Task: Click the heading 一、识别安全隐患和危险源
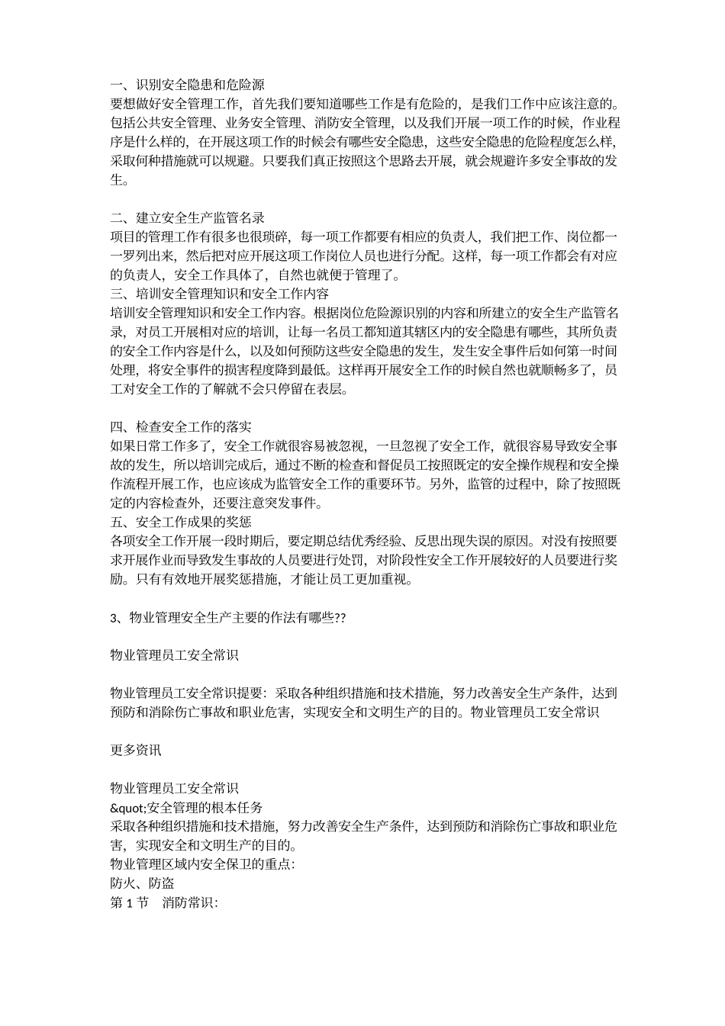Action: click(x=187, y=85)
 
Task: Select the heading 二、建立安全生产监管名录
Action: click(x=187, y=218)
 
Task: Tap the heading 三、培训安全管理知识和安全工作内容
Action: click(x=220, y=294)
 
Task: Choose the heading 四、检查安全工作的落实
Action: click(x=181, y=427)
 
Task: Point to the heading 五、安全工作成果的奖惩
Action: click(x=181, y=523)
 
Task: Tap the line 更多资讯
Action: click(x=136, y=750)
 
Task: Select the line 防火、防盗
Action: click(x=143, y=883)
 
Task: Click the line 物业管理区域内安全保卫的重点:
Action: click(x=202, y=864)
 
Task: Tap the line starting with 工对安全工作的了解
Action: click(x=229, y=390)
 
